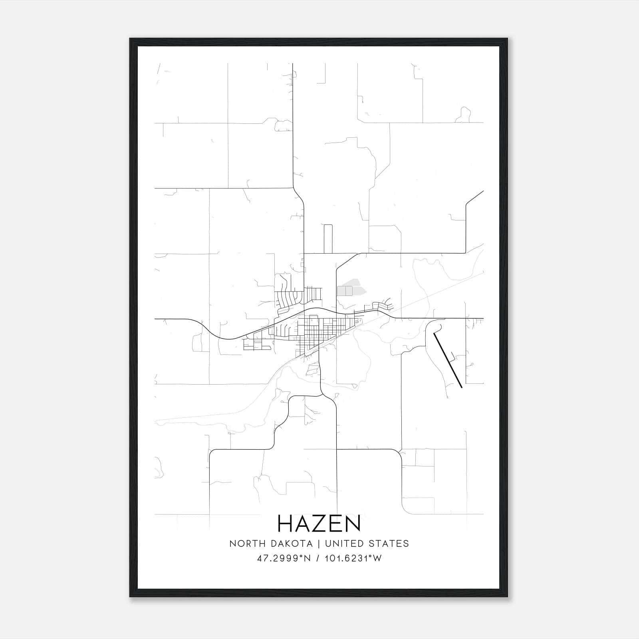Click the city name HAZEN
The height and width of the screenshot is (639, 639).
tap(319, 524)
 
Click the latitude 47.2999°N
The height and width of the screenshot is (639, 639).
tap(284, 558)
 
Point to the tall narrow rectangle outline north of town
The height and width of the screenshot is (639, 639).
tap(328, 238)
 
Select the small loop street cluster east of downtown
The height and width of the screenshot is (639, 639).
tap(383, 306)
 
